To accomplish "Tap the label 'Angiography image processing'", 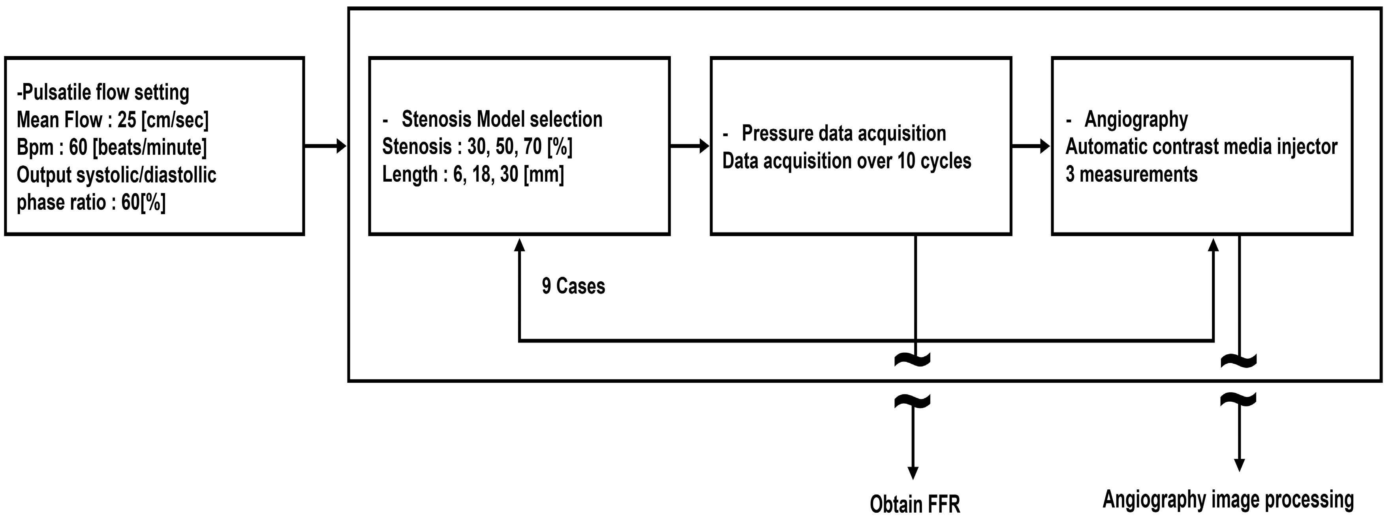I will [x=1228, y=500].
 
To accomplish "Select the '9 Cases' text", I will [x=573, y=286].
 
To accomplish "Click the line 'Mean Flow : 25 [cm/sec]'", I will [x=112, y=120].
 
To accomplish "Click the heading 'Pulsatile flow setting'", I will [x=103, y=92].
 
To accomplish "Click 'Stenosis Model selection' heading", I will [x=502, y=119].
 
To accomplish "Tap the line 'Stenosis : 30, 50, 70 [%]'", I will [x=477, y=147].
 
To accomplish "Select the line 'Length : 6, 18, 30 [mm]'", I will [x=473, y=174].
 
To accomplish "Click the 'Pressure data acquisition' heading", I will [x=843, y=133].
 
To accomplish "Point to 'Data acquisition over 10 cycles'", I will [x=847, y=161].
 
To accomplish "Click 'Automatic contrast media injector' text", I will [x=1201, y=147].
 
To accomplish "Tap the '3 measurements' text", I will [x=1131, y=174].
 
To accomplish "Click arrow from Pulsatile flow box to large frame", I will [x=325, y=146].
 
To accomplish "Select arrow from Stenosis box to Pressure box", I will [x=689, y=146].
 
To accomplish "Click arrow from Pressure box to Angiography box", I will [x=1031, y=146].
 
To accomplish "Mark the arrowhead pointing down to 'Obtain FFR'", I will [x=913, y=473].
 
